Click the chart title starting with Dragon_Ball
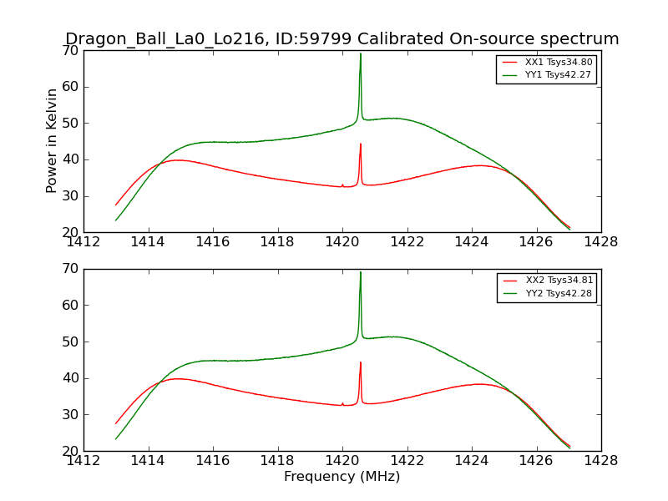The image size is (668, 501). click(342, 39)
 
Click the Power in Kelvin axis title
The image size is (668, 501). click(52, 140)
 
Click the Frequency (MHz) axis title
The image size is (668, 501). click(342, 477)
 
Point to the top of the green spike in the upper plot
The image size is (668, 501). click(361, 54)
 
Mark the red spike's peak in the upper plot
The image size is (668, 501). click(361, 144)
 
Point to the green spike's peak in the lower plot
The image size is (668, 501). click(361, 272)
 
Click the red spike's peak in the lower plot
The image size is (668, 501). click(361, 362)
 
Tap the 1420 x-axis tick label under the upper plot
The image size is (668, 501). click(342, 242)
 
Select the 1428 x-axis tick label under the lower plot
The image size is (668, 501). click(600, 460)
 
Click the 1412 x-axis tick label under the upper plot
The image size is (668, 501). click(83, 242)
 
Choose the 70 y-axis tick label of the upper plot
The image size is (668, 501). click(70, 51)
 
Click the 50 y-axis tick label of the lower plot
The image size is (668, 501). click(70, 342)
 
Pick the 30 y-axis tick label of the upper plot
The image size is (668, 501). click(70, 196)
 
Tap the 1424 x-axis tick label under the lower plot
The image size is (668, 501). click(472, 460)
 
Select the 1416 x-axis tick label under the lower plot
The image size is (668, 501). click(213, 460)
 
